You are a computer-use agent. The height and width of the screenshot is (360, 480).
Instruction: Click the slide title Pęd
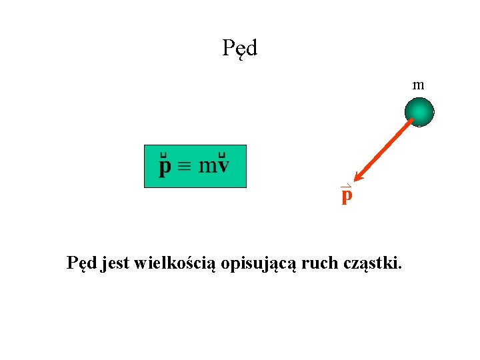pos(240,48)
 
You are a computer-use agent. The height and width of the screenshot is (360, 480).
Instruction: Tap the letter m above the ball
pos(419,85)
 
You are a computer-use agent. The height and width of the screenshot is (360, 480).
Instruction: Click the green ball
pos(420,111)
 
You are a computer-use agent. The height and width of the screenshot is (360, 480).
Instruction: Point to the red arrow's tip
pos(357,179)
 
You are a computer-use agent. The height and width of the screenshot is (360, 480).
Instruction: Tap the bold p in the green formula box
pos(164,167)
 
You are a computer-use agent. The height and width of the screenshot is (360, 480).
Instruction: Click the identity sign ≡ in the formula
pos(185,167)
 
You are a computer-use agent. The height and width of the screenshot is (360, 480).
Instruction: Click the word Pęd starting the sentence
pos(82,264)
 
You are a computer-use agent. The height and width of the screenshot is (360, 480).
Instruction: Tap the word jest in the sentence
pos(115,264)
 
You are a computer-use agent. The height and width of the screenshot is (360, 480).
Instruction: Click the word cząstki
pos(370,265)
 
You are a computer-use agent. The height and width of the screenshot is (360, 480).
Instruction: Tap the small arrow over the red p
pos(345,186)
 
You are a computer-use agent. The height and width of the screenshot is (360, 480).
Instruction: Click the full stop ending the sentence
pos(400,269)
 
